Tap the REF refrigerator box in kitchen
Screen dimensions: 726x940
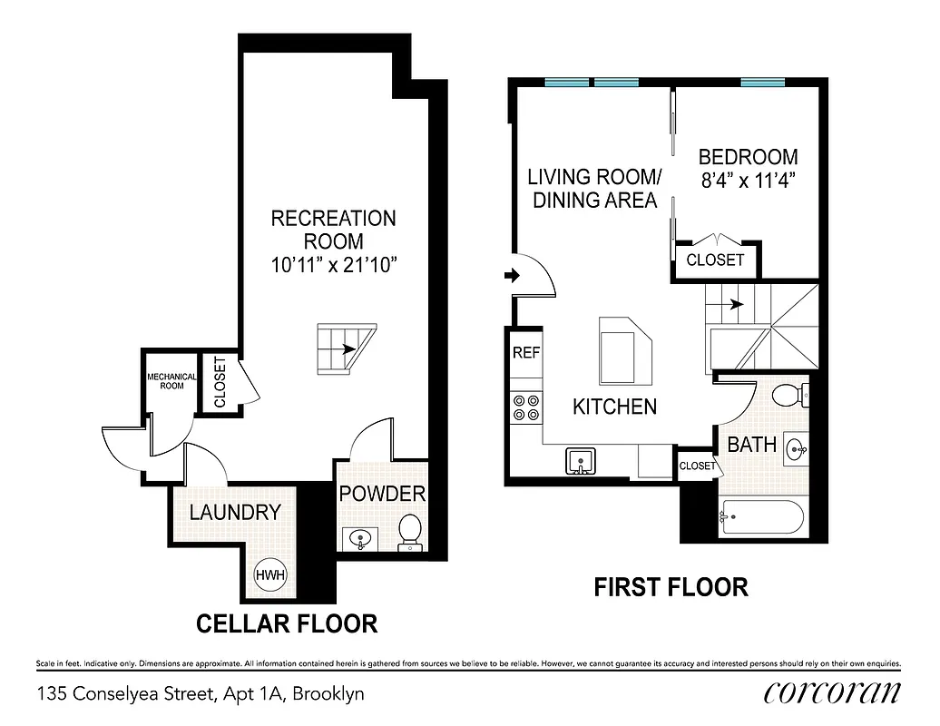tap(526, 353)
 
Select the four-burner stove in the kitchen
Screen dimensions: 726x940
tap(525, 407)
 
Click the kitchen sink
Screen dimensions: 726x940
tap(580, 461)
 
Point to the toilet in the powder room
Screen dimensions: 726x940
tap(411, 532)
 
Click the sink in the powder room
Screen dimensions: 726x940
tap(361, 539)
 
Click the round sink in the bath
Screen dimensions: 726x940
tap(795, 448)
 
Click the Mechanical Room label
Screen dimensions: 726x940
tap(171, 381)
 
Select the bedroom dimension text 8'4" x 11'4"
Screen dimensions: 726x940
tap(749, 180)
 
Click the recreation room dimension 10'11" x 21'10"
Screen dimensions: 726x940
tap(334, 266)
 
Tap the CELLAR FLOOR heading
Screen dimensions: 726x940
tap(287, 624)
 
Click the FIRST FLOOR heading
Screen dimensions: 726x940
tap(671, 587)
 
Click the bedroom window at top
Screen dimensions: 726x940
tap(761, 83)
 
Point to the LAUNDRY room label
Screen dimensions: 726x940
tap(235, 512)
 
